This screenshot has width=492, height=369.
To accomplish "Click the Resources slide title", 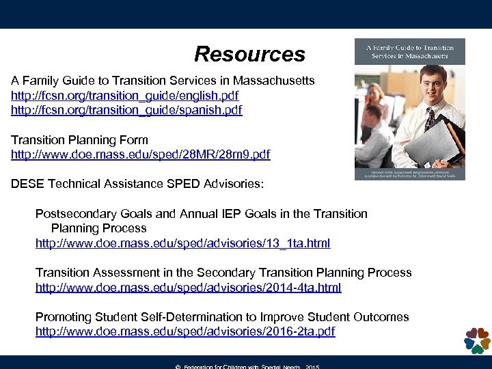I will (249, 54).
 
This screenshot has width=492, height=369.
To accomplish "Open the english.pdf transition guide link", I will (124, 96).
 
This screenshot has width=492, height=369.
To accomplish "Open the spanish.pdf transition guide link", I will (126, 110).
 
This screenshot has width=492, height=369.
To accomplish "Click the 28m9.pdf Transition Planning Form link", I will (140, 155).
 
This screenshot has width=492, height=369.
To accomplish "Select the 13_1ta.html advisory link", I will (182, 243).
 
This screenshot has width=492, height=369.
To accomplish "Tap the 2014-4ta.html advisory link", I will (188, 288).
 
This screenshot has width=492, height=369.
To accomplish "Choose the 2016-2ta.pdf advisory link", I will (185, 332).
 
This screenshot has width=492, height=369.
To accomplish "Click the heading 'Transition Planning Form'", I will (79, 140).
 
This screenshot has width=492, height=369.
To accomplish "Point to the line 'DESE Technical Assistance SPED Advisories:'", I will (137, 184).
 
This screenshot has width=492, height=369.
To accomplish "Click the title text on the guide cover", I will (409, 51).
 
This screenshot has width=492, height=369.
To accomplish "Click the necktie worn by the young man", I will (429, 120).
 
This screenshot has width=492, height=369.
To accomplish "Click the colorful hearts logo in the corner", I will (477, 340).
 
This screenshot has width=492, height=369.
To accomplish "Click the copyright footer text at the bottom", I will (247, 366).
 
